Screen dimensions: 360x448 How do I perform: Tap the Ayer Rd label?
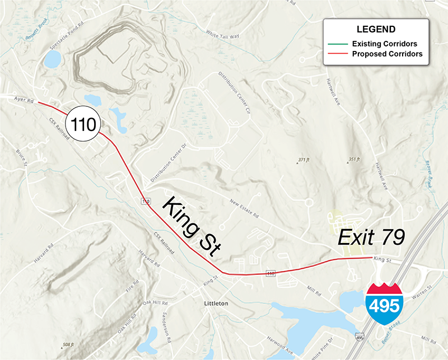24,100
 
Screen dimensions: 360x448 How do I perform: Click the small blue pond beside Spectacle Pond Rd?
52,59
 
